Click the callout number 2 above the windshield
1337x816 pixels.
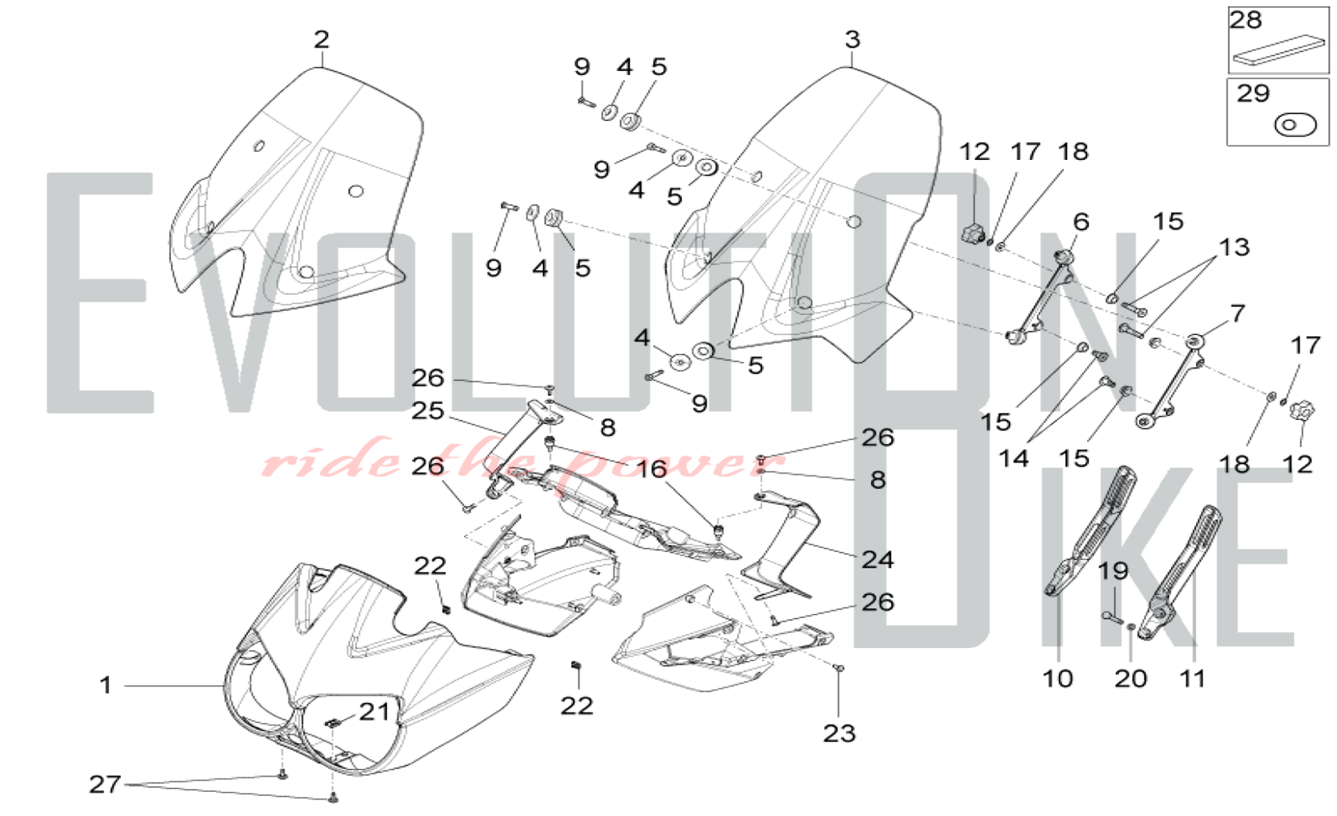tap(322, 39)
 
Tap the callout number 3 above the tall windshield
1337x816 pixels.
tap(852, 39)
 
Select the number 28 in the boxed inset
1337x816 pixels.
tap(1245, 20)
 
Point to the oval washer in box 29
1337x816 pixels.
tap(1295, 125)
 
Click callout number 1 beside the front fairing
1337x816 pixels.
tap(106, 685)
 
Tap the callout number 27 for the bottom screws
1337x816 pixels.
tap(105, 784)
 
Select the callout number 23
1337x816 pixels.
tap(839, 734)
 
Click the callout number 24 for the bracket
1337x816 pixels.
tap(877, 559)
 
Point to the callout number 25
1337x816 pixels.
tap(428, 410)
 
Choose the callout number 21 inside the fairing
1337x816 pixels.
tap(374, 712)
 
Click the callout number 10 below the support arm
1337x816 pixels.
tap(1058, 679)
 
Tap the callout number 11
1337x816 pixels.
tap(1192, 679)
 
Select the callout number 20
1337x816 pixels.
tap(1130, 679)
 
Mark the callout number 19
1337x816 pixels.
tap(1113, 571)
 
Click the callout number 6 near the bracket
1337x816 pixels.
tap(1081, 221)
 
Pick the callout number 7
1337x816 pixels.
tap(1237, 312)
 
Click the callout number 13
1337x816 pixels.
tap(1234, 247)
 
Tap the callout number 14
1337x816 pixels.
tap(1013, 459)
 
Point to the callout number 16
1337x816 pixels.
tap(650, 469)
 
